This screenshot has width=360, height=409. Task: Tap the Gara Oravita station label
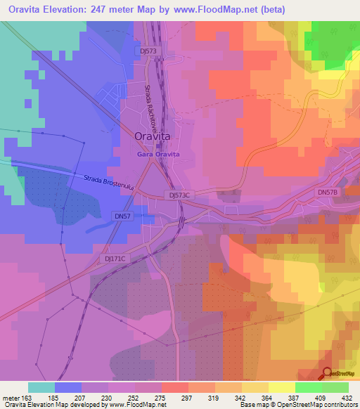tap(158, 154)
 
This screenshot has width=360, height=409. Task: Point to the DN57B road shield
tap(328, 191)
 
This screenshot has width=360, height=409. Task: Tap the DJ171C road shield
tap(115, 259)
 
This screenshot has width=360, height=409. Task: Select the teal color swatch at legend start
tap(41, 387)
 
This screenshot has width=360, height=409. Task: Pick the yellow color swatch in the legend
tap(281, 387)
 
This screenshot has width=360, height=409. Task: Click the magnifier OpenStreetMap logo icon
tap(328, 372)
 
